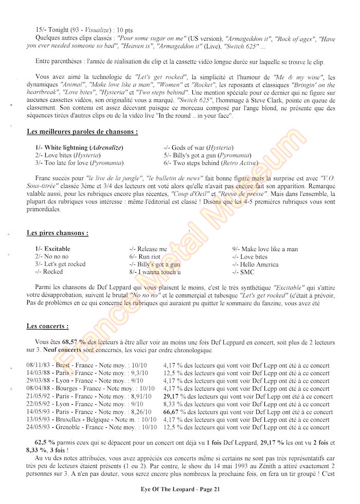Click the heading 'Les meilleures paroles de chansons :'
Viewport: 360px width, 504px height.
82,132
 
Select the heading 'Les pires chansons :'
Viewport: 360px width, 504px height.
57,232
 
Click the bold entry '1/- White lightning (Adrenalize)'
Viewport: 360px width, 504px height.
79,148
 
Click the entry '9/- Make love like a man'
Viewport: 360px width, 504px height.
265,249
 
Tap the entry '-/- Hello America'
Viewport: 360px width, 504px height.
255,264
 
